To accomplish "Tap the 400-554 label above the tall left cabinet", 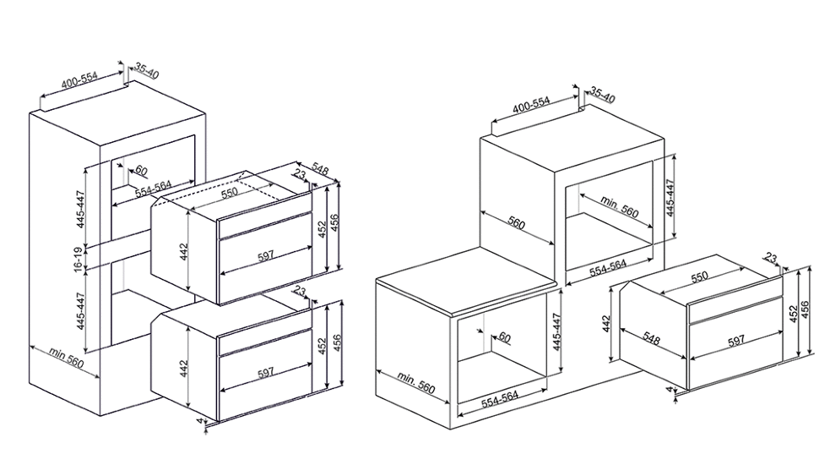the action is tap(79, 80).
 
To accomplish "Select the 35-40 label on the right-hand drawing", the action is tap(604, 96).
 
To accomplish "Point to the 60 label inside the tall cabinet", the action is tap(141, 171).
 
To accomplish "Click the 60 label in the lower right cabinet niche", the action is tap(504, 337).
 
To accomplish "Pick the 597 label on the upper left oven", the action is tap(265, 256).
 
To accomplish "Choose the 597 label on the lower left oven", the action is tap(265, 373).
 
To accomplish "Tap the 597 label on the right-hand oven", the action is tap(735, 341).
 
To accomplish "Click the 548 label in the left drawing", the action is tap(320, 170).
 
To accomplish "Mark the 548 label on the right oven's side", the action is tap(651, 339).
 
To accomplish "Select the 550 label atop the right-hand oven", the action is tap(699, 276).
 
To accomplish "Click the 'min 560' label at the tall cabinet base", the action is tap(67, 358).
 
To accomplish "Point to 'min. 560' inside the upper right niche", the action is tap(620, 206).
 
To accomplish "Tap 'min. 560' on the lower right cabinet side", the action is tap(415, 382).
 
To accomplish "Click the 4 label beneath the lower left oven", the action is tap(199, 420).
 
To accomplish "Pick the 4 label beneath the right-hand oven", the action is tap(669, 390).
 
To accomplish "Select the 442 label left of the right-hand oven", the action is tap(606, 325).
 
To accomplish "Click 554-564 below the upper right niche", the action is tap(608, 268).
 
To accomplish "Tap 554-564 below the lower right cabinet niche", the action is tap(500, 399).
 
